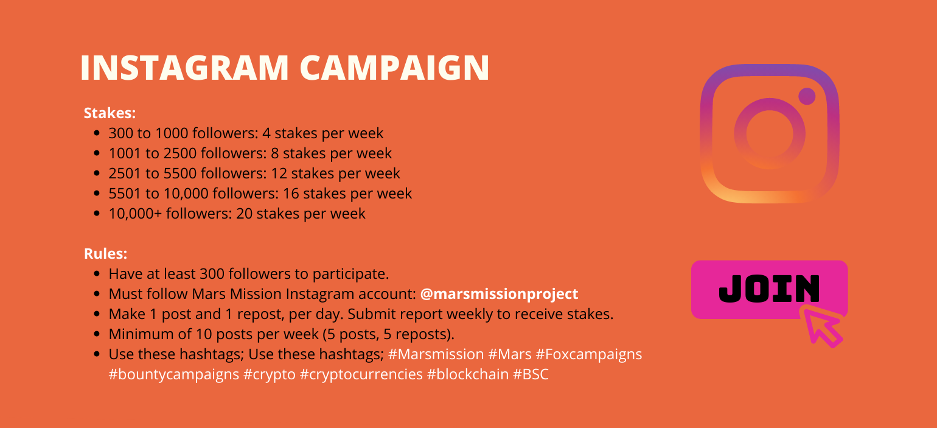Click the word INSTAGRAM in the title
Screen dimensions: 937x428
[x=184, y=68]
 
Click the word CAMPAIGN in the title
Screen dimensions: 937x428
[x=394, y=68]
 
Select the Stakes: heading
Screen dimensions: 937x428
[x=110, y=113]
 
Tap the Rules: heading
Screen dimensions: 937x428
[x=105, y=253]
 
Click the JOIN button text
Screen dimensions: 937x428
[x=769, y=289]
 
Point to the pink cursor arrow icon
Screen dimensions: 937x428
[x=821, y=326]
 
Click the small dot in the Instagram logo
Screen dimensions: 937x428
[x=807, y=96]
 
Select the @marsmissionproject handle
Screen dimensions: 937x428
[x=499, y=294]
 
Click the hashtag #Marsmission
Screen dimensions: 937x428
[x=436, y=354]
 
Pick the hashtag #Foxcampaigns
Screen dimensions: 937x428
[x=588, y=355]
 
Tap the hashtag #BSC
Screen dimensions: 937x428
[x=531, y=374]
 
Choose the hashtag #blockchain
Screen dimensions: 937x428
[x=468, y=374]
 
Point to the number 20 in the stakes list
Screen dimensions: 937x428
[x=245, y=214]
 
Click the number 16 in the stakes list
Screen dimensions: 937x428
[x=291, y=194]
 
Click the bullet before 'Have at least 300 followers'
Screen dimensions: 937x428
[x=97, y=274]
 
